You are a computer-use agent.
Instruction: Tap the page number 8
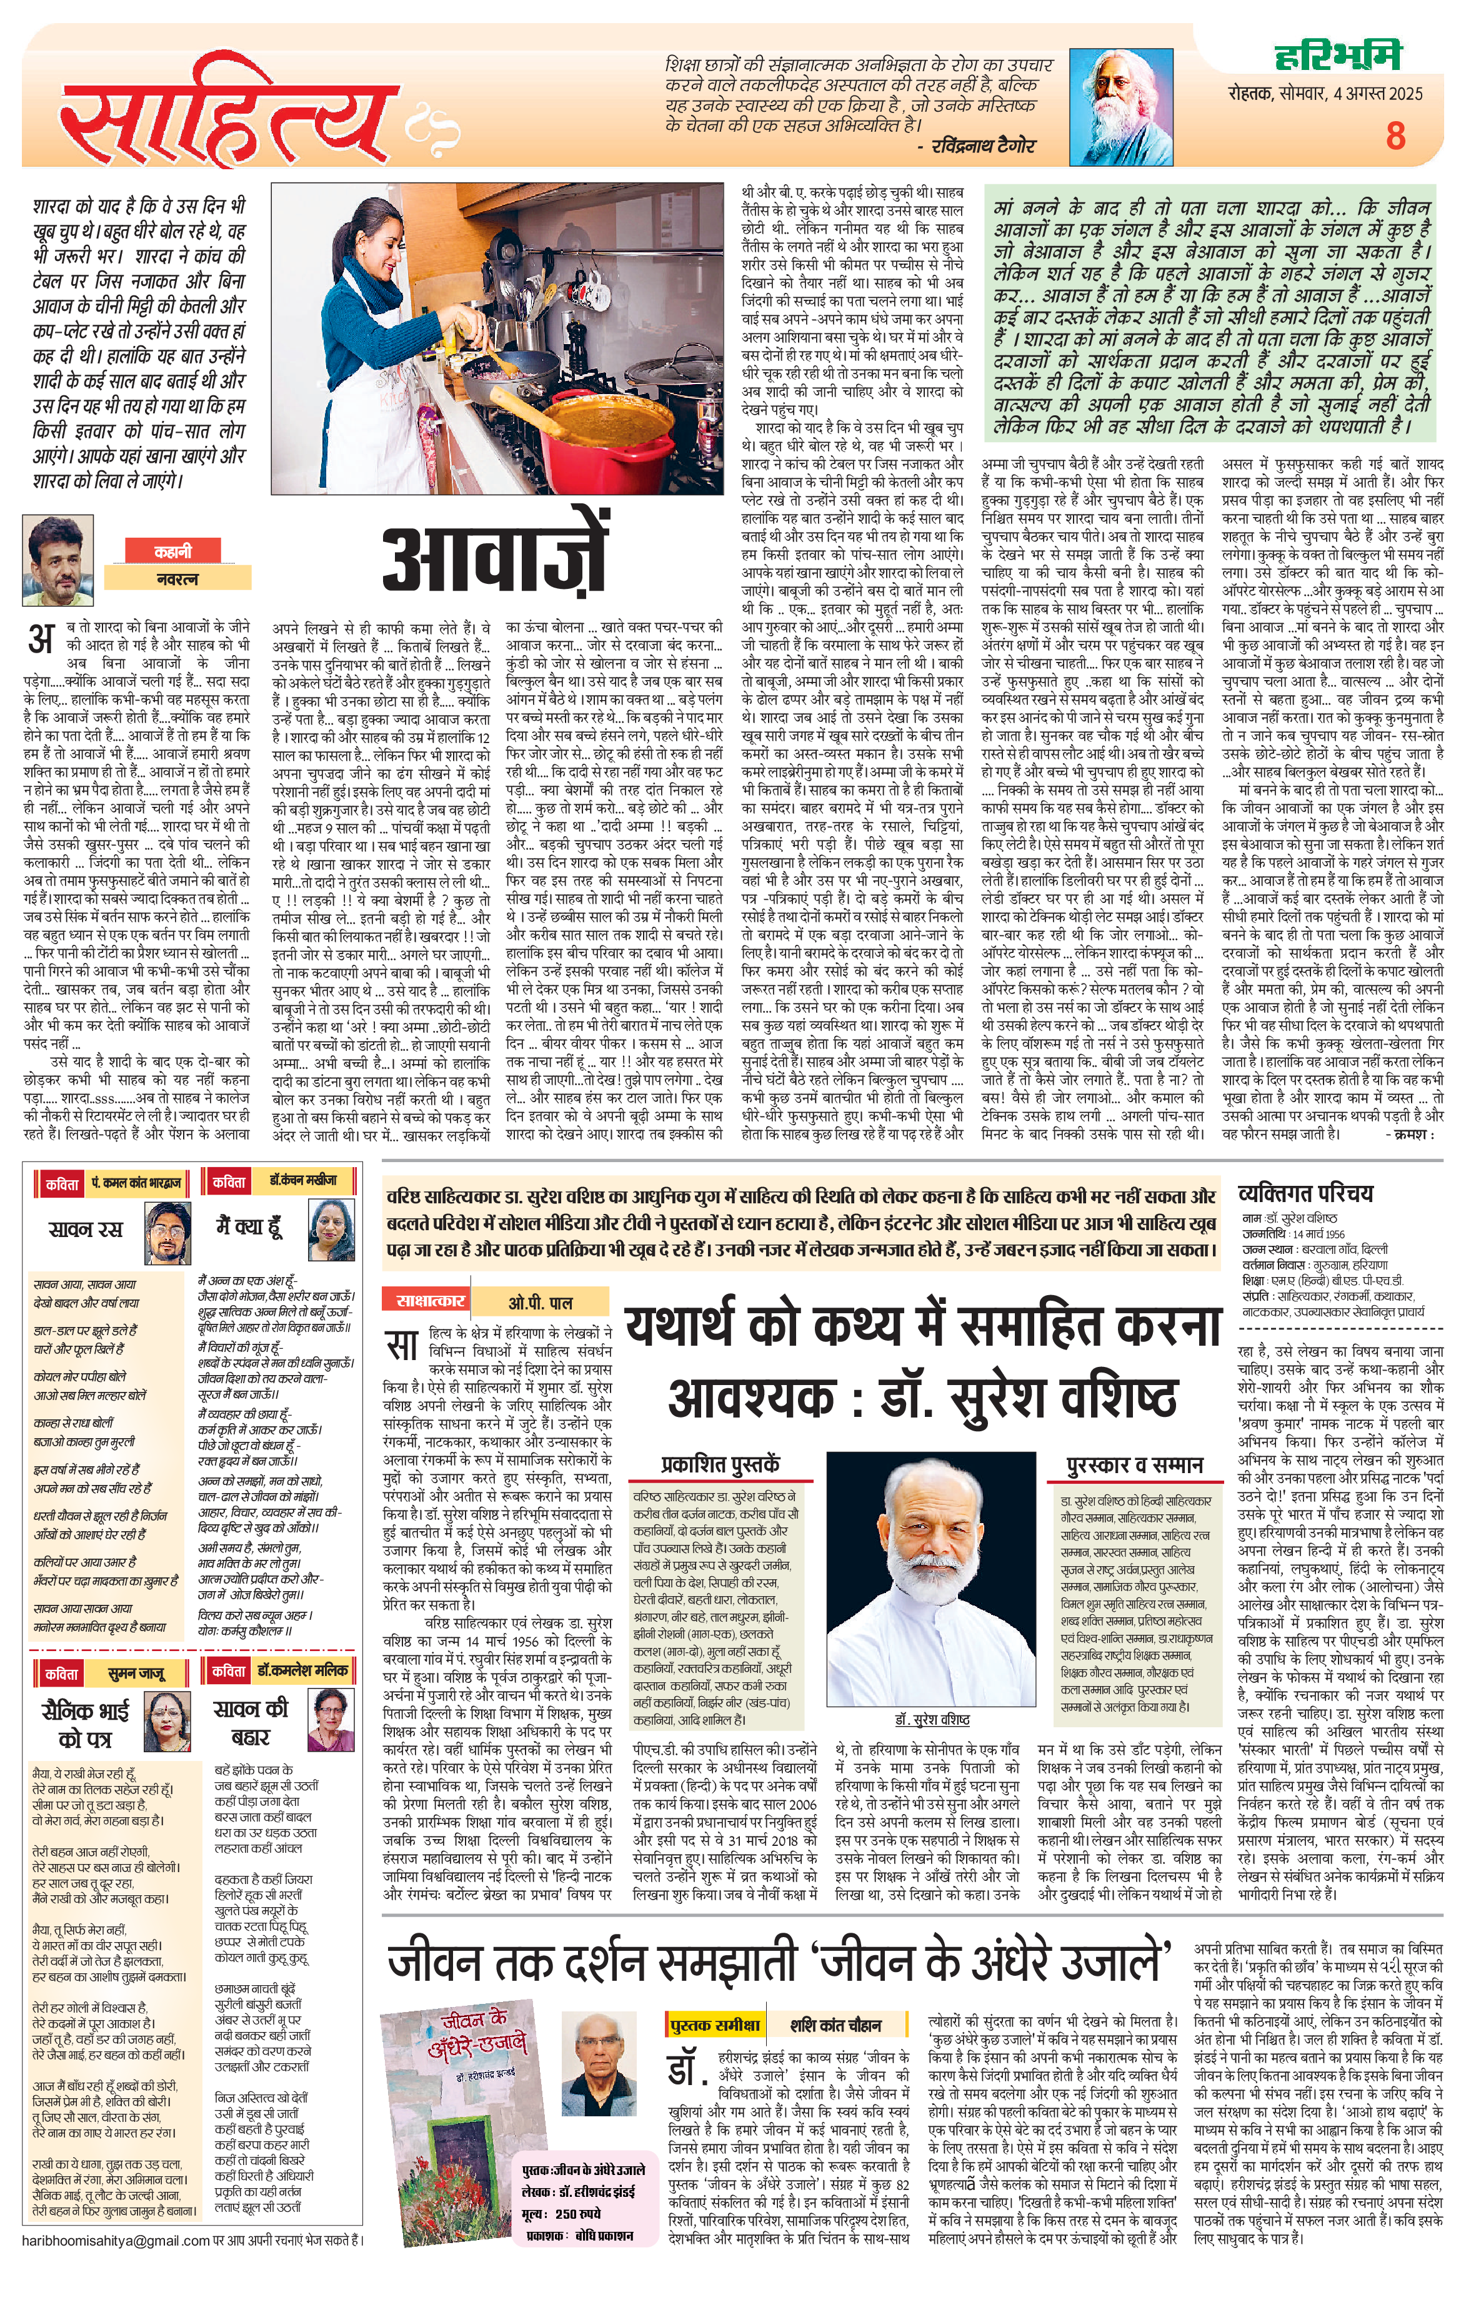[1395, 136]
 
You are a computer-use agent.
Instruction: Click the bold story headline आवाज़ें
[494, 558]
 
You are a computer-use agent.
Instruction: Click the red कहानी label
[172, 551]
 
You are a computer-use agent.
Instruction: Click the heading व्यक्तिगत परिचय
[1304, 1193]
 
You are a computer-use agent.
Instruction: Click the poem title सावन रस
[86, 1229]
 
